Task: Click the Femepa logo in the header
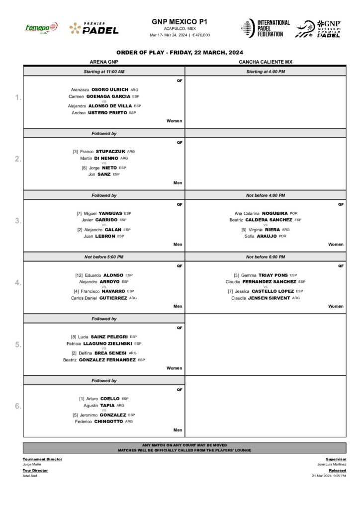click(x=41, y=28)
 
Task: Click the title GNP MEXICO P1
click(x=180, y=22)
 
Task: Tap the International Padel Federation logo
click(x=266, y=28)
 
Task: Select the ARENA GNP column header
click(x=103, y=62)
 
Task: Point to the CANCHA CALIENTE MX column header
click(x=266, y=62)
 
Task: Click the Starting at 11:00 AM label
click(x=104, y=72)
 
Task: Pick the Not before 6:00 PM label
click(x=266, y=256)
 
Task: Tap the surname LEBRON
click(x=105, y=236)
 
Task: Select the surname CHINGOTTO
click(x=108, y=422)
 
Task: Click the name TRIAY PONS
click(x=273, y=275)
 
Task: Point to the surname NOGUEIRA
click(x=275, y=213)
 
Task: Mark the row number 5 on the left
click(x=18, y=344)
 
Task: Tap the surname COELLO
click(x=110, y=398)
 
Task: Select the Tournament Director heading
click(x=42, y=459)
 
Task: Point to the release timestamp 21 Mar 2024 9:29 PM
click(x=329, y=476)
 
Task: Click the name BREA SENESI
click(x=111, y=353)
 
